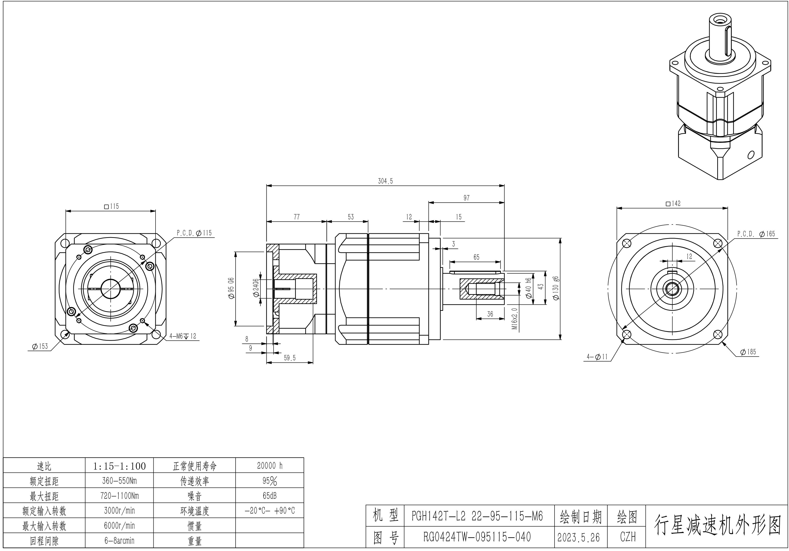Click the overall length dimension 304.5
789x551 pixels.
click(385, 181)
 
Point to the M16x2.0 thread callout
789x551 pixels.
click(515, 318)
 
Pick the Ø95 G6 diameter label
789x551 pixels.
click(231, 289)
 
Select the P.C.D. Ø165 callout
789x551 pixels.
click(756, 234)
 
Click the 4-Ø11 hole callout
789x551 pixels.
click(597, 357)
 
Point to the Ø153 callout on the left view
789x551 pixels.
click(40, 346)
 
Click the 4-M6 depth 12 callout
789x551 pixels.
click(182, 336)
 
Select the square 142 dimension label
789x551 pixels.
click(673, 204)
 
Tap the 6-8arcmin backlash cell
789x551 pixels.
click(119, 541)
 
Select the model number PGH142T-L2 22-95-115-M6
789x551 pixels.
click(477, 516)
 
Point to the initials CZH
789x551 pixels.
click(627, 537)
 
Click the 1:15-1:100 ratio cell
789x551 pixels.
click(119, 466)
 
